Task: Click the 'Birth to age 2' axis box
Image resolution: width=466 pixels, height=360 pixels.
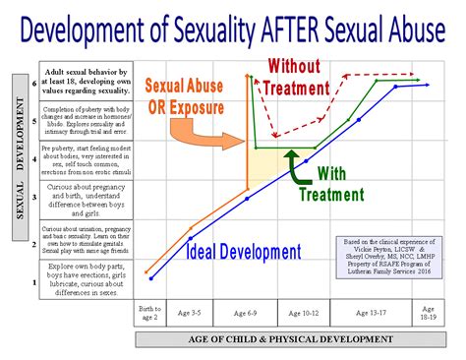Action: coord(147,314)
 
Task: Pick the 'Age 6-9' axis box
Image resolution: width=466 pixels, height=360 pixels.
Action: coord(245,314)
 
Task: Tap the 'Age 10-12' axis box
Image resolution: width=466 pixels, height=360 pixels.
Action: coord(300,314)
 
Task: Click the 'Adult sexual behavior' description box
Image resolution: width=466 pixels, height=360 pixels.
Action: coord(84,85)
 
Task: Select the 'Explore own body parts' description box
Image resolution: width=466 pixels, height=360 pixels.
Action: coord(84,279)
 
